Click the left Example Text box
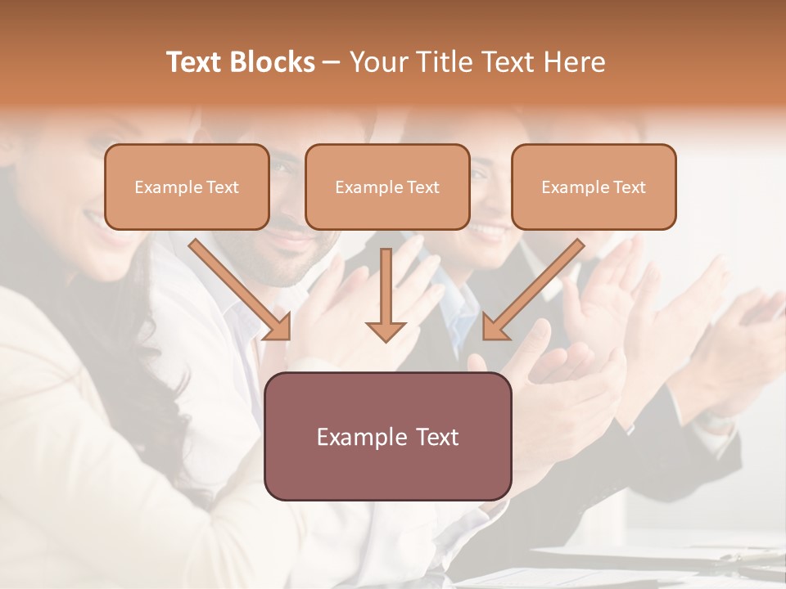point(187,187)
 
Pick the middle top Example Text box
point(387,187)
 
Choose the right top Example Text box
point(594,187)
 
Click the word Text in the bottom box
point(433,437)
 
